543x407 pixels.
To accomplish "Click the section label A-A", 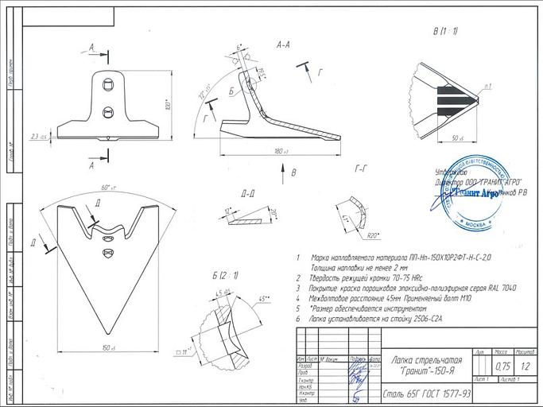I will [x=283, y=45].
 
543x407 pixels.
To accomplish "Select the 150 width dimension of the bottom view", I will [x=107, y=348].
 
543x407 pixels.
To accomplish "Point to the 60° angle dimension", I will [x=107, y=188].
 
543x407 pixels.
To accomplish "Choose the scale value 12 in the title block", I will [x=526, y=366].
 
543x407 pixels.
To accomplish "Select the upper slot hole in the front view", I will [x=107, y=83].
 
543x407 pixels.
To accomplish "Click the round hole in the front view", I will [x=107, y=112].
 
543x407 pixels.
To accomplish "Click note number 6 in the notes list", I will [x=297, y=318].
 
